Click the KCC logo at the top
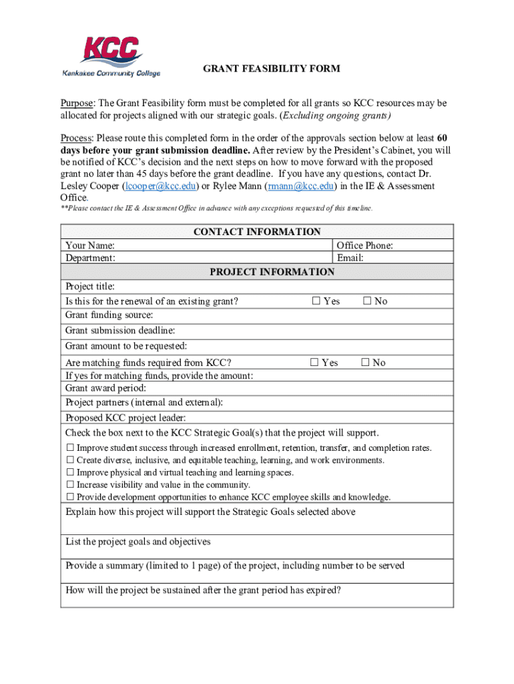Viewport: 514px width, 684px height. tap(111, 56)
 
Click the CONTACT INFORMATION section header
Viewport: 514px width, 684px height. tap(257, 232)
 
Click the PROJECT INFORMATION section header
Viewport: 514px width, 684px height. tap(272, 272)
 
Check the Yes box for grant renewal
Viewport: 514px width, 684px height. tap(316, 301)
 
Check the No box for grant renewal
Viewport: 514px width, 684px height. tap(366, 301)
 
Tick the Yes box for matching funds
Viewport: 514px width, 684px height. tap(315, 363)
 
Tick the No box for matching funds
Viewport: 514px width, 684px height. tap(365, 363)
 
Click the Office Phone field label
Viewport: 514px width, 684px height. tap(364, 246)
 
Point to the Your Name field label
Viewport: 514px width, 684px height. tap(89, 246)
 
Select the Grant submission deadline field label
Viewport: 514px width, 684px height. tap(120, 331)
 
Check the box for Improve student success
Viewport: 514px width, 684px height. tap(69, 448)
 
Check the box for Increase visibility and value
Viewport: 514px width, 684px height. tap(69, 485)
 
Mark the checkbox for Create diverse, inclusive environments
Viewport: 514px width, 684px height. tap(69, 460)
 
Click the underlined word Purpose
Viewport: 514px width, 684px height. tap(76, 104)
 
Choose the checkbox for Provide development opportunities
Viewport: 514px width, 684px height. tap(69, 497)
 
